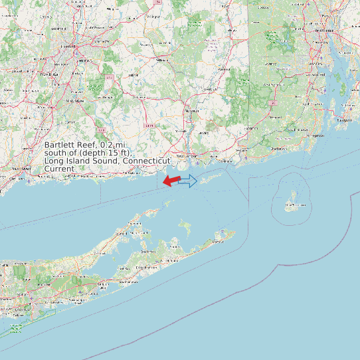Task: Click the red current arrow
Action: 171,181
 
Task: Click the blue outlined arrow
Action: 189,181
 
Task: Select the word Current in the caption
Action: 59,169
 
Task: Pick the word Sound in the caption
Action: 108,161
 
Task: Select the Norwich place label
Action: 191,111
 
